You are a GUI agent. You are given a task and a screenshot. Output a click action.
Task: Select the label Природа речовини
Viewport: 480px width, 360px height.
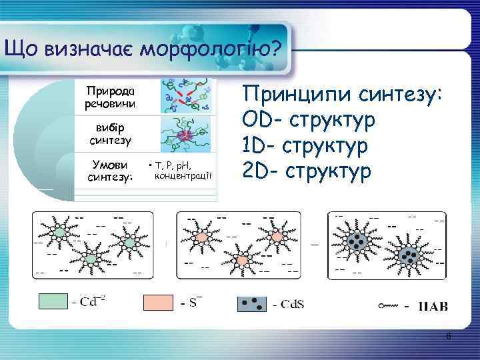(x=110, y=97)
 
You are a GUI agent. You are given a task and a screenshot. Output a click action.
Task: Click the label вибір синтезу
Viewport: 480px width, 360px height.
(x=110, y=133)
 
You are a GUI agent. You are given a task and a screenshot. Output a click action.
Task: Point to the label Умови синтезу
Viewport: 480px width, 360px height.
(x=111, y=171)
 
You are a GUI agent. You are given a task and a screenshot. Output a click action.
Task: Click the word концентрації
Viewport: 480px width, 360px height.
(x=183, y=175)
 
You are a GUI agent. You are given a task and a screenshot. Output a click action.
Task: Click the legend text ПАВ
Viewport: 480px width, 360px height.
(x=433, y=307)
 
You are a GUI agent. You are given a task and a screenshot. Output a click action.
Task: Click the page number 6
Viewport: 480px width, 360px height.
(x=449, y=337)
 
